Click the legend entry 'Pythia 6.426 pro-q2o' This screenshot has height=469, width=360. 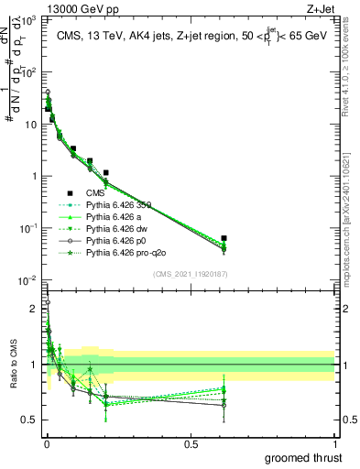coord(126,251)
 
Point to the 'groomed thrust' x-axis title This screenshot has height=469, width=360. coord(306,457)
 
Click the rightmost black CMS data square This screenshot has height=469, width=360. coord(224,238)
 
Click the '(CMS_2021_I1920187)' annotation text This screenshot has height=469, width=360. coord(190,274)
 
